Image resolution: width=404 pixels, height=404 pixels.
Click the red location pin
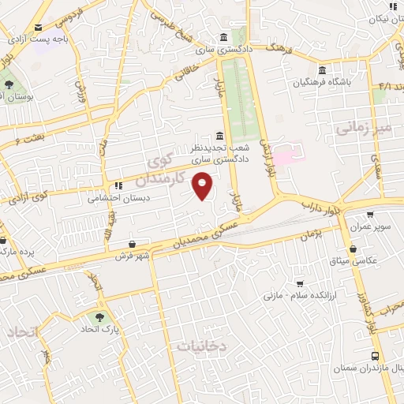(204, 186)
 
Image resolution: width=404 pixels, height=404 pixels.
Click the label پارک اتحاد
(99, 329)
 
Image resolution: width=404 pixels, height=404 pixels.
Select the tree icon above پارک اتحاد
(99, 317)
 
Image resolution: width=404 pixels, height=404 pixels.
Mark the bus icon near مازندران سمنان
(376, 356)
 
